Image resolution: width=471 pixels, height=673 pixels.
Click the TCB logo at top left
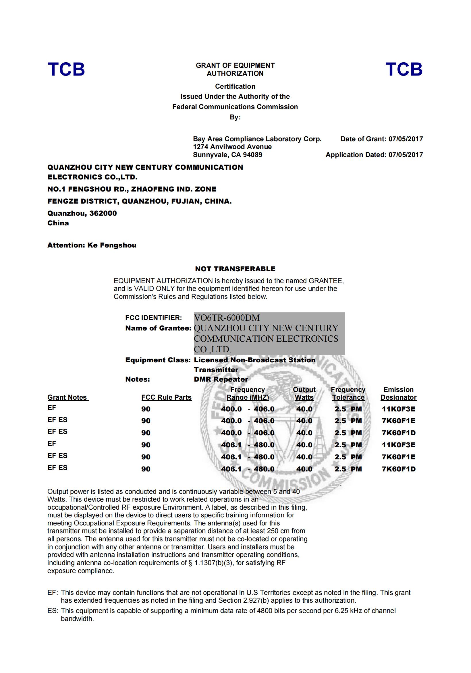pos(66,69)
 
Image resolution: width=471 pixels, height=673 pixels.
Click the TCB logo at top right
pos(404,69)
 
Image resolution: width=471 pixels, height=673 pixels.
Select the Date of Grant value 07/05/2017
pos(406,139)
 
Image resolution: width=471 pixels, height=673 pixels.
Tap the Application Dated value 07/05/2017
pos(406,155)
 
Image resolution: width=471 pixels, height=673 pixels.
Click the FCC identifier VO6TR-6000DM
pos(227,318)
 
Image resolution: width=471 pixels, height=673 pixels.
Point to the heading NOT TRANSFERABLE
pos(235,269)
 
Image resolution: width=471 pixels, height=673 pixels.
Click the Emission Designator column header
pos(398,394)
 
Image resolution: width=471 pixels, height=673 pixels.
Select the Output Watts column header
pos(304,394)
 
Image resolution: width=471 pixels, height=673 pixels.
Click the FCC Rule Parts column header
pos(166,397)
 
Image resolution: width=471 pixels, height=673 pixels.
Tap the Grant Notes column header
pos(67,397)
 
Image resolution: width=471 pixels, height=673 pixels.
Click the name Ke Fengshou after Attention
pos(112,245)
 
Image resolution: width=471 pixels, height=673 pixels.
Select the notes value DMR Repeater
pos(221,379)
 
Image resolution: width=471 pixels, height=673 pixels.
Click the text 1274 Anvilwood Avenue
pos(232,147)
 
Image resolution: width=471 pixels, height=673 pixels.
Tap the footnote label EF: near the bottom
pos(53,593)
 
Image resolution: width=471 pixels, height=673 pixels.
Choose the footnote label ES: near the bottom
pos(53,611)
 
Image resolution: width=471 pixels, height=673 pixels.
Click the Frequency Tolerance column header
pos(348,394)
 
